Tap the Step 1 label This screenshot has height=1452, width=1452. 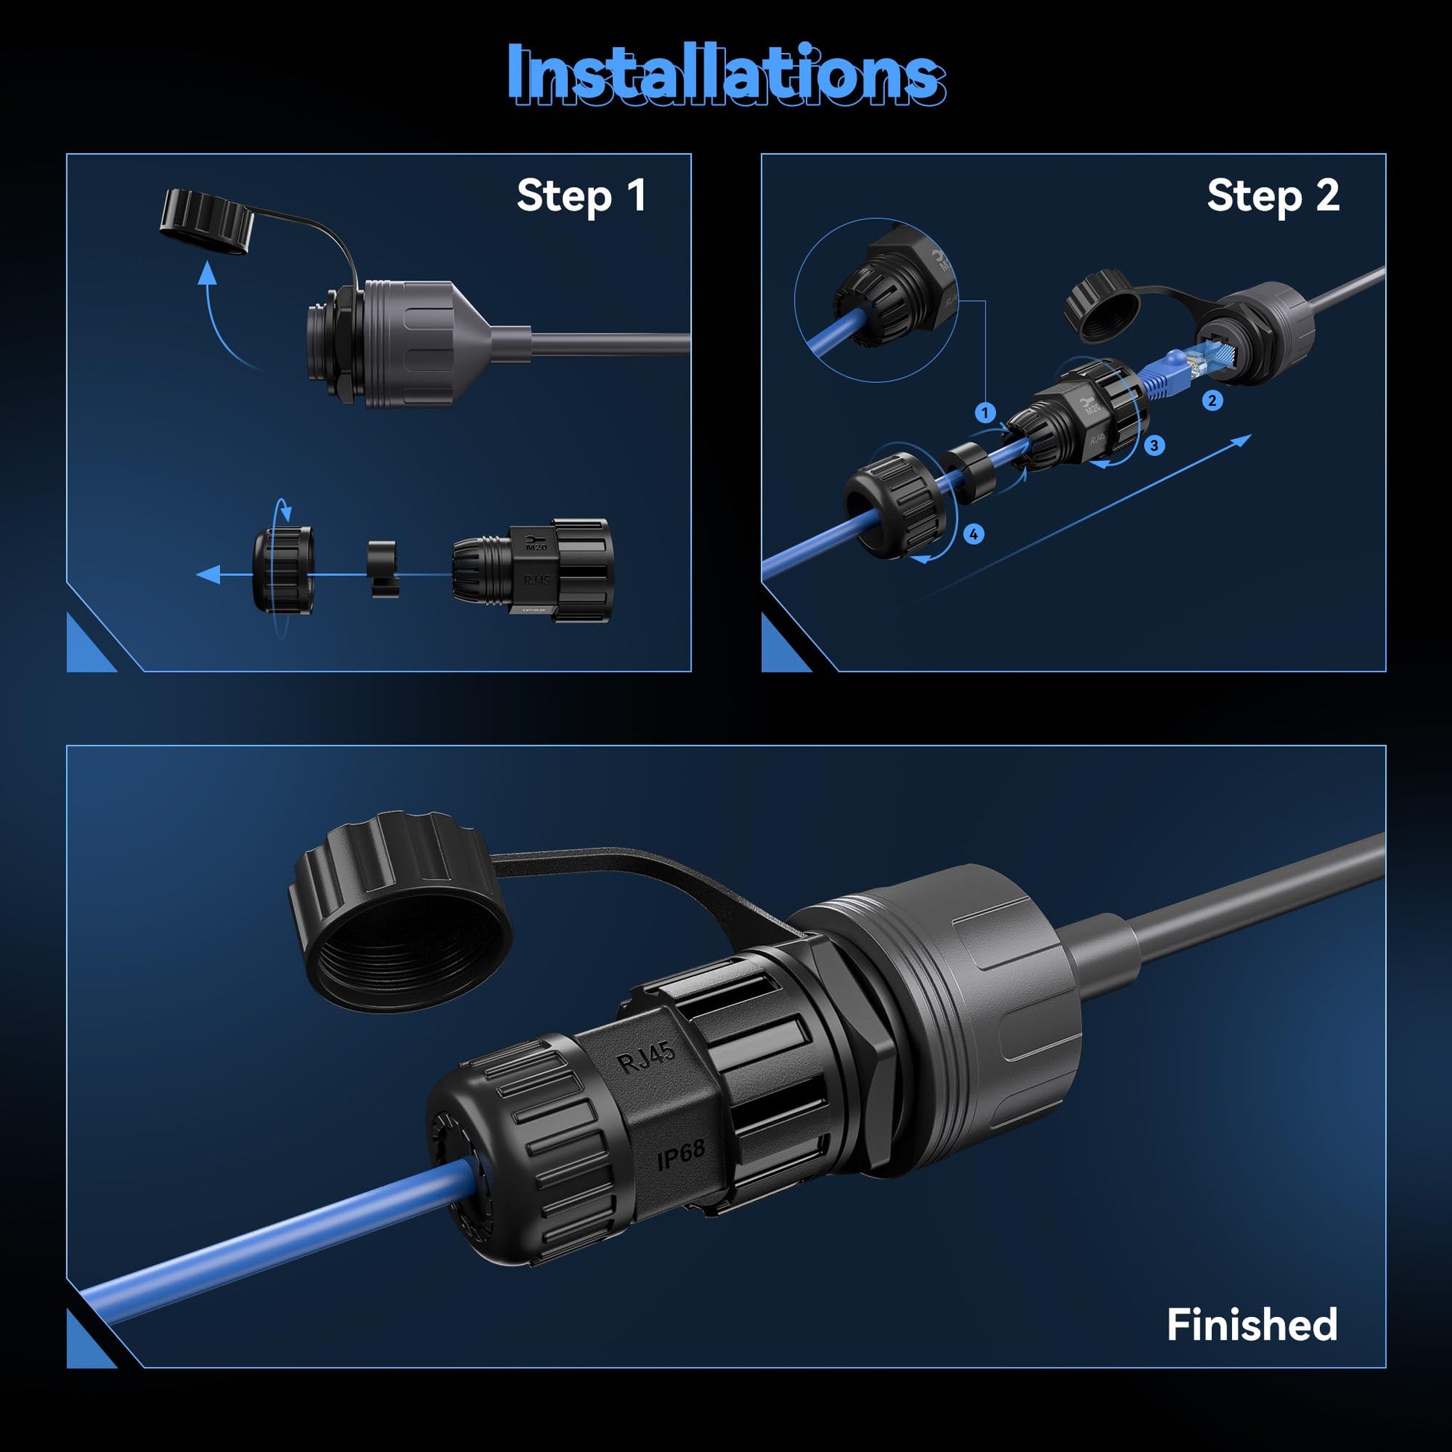[581, 196]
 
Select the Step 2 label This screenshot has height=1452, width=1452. [1273, 196]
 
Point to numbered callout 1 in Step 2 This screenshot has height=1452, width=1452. [985, 413]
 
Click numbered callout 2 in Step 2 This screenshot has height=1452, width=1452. [1212, 400]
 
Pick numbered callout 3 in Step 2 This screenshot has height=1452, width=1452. [1154, 445]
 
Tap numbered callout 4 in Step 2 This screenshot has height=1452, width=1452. [973, 534]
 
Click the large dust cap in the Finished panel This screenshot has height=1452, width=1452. [399, 909]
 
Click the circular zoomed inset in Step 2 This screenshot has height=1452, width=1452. [875, 300]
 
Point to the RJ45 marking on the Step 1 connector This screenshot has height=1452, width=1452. [536, 581]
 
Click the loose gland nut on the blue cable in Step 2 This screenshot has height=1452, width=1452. [894, 501]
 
